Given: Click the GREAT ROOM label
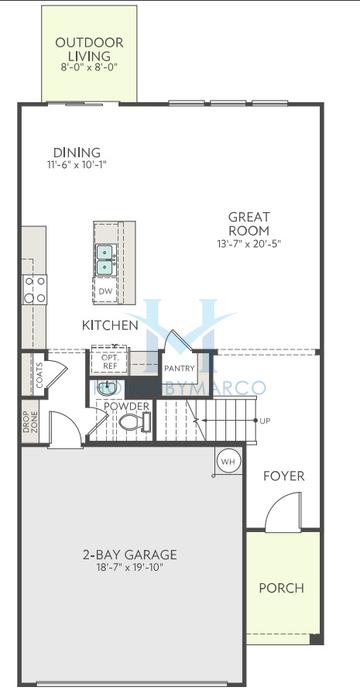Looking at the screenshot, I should [248, 224].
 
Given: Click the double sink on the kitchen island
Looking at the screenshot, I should [105, 259].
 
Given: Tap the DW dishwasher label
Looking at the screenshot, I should [105, 291].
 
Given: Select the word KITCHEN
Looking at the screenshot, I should [109, 325].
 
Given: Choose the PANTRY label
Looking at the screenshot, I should [179, 368].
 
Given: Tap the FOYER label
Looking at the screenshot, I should [284, 476].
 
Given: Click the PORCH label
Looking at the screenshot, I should [281, 587].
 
